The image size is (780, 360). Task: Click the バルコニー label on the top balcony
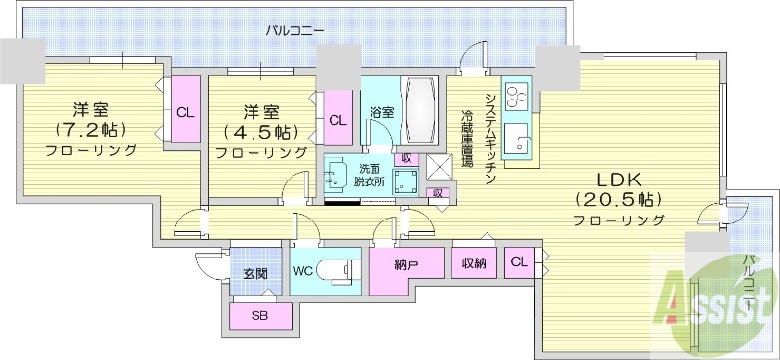click(294, 31)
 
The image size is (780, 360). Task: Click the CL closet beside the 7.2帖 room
click(184, 111)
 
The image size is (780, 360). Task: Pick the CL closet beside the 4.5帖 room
click(337, 120)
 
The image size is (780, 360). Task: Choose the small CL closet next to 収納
click(519, 260)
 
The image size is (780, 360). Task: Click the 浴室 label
click(381, 113)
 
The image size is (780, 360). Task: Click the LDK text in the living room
click(618, 179)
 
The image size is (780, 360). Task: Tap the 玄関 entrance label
click(256, 274)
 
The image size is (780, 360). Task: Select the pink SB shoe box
click(259, 316)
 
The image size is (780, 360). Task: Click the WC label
click(302, 270)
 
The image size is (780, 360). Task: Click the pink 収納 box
click(474, 260)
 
